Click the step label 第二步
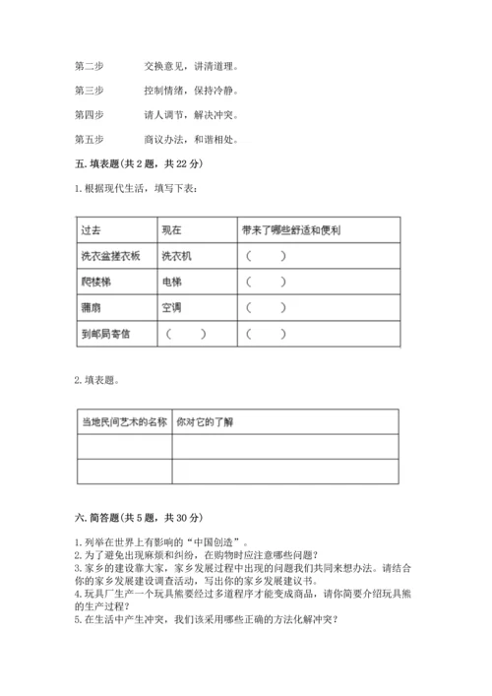click(x=88, y=67)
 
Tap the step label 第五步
click(x=88, y=139)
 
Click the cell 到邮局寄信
click(x=105, y=334)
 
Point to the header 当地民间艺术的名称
click(x=122, y=422)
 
